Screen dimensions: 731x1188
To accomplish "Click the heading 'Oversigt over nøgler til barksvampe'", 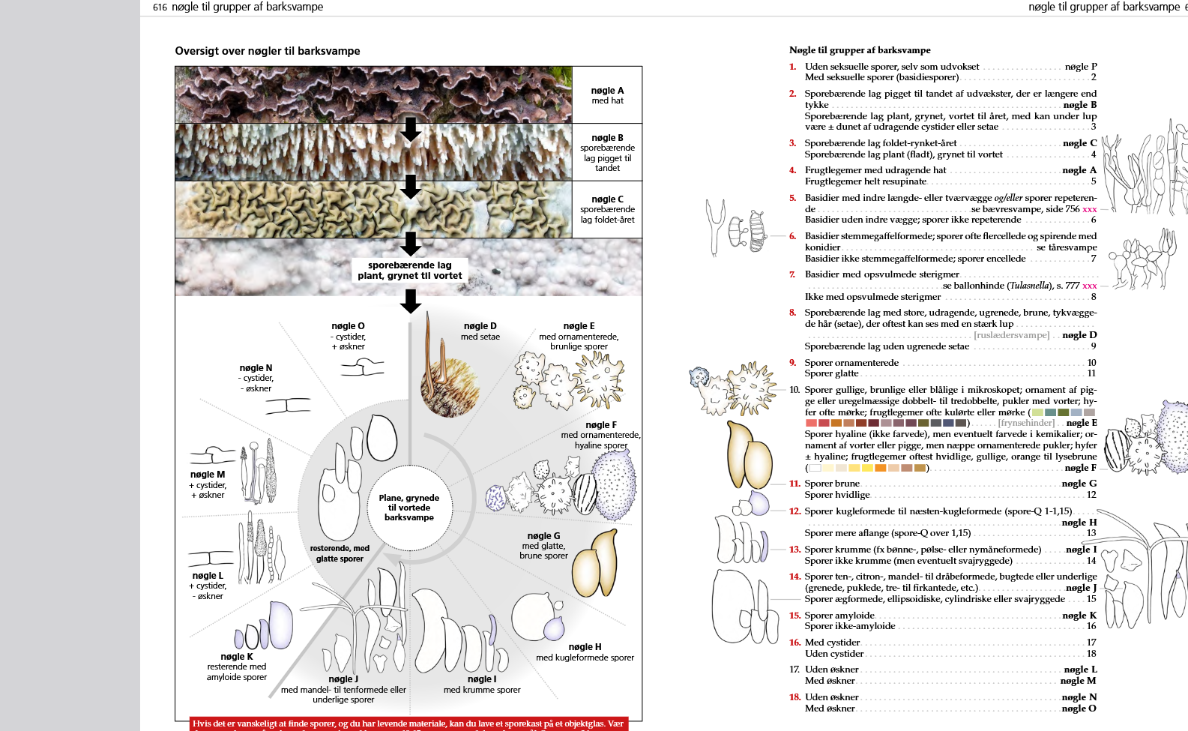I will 267,51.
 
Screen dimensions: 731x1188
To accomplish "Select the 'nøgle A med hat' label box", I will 607,95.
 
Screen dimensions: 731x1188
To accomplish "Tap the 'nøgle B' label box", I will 607,152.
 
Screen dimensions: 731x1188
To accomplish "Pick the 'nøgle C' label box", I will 607,209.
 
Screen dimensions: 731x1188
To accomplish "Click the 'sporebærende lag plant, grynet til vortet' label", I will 409,271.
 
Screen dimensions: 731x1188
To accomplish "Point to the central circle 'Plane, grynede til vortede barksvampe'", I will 409,508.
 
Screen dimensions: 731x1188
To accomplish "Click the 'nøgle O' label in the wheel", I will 348,326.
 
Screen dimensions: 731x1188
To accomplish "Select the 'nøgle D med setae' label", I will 480,331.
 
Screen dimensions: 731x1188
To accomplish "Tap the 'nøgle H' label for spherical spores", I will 585,647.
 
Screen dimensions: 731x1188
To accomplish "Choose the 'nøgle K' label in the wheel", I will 237,657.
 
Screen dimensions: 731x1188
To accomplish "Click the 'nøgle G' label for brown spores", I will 543,536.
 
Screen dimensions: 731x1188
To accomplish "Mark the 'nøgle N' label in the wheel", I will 256,368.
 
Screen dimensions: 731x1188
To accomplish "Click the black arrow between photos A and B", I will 410,129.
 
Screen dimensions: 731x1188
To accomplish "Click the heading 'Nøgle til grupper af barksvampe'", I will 860,50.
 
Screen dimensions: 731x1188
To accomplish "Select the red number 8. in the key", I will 792,313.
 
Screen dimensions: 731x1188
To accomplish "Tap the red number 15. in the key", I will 794,616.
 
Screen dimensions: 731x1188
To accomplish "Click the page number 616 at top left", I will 160,7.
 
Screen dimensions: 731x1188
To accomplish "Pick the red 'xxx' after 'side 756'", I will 1089,210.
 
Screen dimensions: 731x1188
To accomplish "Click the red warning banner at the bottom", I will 408,724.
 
